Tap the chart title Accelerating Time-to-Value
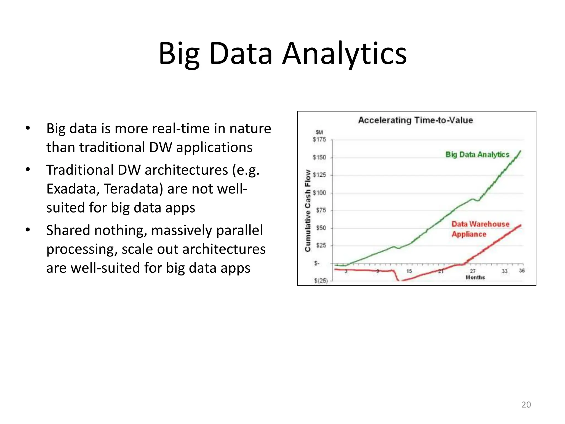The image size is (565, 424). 415,120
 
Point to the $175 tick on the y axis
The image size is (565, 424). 319,140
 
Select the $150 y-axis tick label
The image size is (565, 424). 319,157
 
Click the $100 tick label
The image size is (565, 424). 319,193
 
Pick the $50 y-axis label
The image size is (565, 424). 321,228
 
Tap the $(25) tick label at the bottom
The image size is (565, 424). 321,281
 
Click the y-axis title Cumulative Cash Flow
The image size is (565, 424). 308,210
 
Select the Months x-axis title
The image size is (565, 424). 475,277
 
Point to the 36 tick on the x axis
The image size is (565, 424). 522,271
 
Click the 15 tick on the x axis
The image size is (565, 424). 409,271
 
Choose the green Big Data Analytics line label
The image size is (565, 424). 477,155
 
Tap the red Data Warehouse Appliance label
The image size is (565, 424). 480,229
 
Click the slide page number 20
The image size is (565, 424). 526,405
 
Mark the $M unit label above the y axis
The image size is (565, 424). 319,132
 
